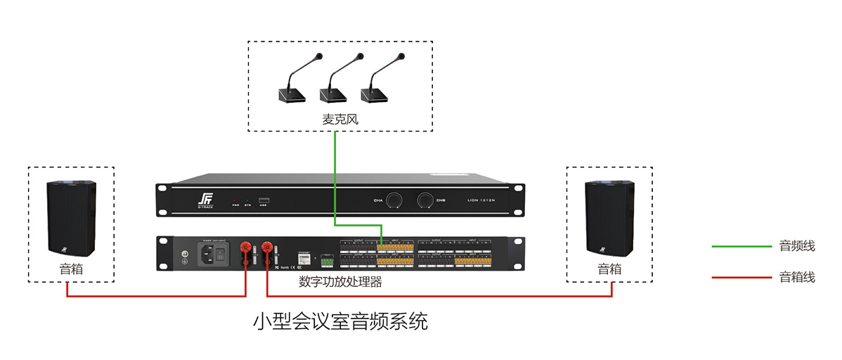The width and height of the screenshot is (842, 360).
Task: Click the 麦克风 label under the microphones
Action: click(x=340, y=120)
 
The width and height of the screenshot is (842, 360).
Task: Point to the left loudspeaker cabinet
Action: click(x=71, y=217)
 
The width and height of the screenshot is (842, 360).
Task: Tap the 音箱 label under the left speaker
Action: click(x=70, y=269)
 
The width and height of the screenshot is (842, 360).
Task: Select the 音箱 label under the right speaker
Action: click(x=609, y=269)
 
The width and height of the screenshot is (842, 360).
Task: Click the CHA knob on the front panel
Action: click(x=396, y=200)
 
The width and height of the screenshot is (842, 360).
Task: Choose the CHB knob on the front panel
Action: click(x=425, y=200)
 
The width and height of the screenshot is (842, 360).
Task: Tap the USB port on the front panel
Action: click(x=264, y=200)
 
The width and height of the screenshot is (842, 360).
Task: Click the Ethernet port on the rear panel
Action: click(x=304, y=258)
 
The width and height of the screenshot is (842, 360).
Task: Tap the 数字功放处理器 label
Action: click(x=340, y=282)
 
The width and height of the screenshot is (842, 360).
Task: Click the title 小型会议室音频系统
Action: click(x=340, y=322)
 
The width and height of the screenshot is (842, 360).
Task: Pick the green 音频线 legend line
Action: click(x=741, y=247)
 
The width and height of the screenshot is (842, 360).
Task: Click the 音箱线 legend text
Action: click(x=797, y=277)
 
